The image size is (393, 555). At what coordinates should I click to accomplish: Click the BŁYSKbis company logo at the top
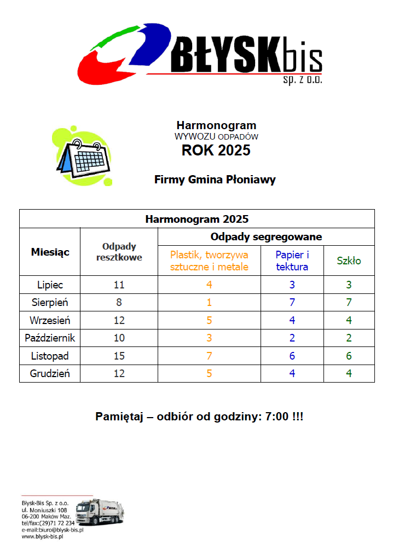200,54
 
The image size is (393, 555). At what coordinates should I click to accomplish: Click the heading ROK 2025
216,151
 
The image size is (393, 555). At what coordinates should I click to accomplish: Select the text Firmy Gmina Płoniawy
215,180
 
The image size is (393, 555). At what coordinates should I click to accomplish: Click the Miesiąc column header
50,252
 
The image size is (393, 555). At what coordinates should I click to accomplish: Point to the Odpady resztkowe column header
119,252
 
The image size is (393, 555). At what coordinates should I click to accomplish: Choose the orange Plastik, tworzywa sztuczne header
209,261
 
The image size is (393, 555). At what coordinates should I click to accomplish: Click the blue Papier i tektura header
292,261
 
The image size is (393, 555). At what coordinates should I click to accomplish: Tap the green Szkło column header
349,261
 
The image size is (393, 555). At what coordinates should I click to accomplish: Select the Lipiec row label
50,285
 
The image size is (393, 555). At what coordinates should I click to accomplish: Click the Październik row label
50,338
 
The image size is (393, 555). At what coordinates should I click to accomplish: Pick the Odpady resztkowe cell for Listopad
119,356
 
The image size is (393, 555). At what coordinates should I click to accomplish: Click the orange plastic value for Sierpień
209,302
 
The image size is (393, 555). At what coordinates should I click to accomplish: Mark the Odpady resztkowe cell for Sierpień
119,302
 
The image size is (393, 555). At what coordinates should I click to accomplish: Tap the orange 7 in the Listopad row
209,356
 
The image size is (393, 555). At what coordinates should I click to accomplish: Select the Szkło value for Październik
349,338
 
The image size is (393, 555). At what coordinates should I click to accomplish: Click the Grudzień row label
50,374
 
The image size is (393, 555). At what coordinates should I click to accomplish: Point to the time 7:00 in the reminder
276,417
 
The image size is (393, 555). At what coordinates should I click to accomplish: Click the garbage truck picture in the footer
99,512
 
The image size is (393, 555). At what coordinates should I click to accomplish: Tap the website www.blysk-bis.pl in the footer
43,537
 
